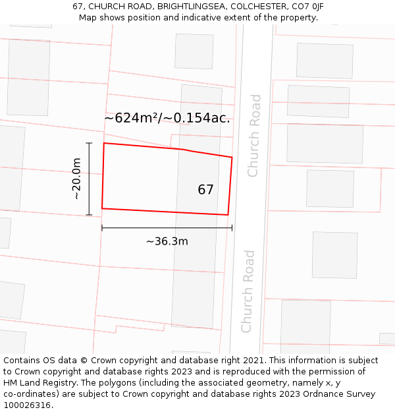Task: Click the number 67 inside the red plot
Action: (x=205, y=190)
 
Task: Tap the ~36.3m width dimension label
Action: (x=167, y=241)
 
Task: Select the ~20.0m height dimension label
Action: (x=76, y=179)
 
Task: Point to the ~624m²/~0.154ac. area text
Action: (x=167, y=118)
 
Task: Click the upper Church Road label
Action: (x=254, y=135)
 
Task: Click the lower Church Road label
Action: (x=248, y=291)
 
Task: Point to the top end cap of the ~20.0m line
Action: (x=89, y=143)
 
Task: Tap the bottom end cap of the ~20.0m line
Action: (x=89, y=215)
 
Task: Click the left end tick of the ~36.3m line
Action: (x=102, y=228)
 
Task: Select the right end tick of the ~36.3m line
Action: (x=232, y=228)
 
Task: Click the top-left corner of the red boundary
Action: (x=104, y=143)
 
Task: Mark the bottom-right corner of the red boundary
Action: (x=228, y=215)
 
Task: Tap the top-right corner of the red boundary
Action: (x=232, y=157)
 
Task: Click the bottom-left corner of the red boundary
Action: (x=102, y=208)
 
